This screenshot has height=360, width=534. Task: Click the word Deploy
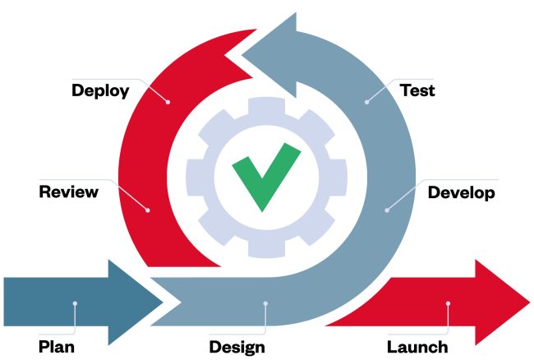[100, 90]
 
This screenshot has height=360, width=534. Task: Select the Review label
[69, 192]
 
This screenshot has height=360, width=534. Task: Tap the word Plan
[57, 346]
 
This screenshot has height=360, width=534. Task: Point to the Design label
[237, 346]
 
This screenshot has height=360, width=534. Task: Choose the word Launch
[417, 346]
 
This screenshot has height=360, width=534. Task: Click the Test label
[417, 90]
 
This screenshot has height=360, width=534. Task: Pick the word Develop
[462, 193]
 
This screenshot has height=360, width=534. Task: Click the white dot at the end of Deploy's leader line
[168, 103]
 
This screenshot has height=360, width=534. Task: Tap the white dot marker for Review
[149, 210]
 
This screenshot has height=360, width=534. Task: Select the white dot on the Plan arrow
[75, 303]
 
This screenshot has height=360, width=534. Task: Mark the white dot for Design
[265, 303]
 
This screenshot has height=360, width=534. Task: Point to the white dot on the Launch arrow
[449, 304]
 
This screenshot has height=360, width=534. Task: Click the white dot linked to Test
[366, 103]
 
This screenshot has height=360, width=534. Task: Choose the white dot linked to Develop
[386, 210]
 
